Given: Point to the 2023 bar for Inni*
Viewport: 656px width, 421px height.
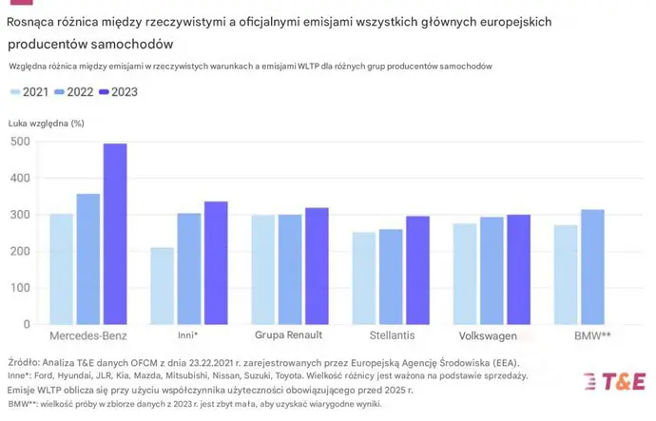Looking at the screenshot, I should (216, 263).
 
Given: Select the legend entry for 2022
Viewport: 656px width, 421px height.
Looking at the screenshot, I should (76, 92).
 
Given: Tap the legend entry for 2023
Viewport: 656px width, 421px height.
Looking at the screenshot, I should (123, 92).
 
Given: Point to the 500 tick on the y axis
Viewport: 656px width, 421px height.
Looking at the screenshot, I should (20, 142).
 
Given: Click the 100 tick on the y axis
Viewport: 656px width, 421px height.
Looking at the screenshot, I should (20, 288).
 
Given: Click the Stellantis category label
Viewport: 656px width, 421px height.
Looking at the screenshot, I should (392, 335).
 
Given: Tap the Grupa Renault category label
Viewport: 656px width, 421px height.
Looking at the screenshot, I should (288, 335).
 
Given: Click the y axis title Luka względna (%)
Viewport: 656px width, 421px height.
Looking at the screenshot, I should (46, 124).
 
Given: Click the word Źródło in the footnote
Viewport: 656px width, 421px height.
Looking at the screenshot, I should (26, 363).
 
